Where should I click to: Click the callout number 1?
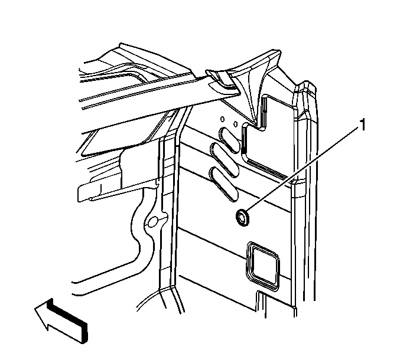tap(362, 125)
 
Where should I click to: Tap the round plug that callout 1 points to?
tap(242, 217)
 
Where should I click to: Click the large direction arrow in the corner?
tap(61, 320)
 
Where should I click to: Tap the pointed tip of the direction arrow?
tap(35, 309)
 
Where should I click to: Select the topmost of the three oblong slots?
tap(229, 140)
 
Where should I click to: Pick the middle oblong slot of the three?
tap(224, 161)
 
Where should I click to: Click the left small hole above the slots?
tap(222, 119)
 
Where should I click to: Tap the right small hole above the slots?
tap(236, 124)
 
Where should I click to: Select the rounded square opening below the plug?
tap(262, 266)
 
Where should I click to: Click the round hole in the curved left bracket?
tap(153, 222)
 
